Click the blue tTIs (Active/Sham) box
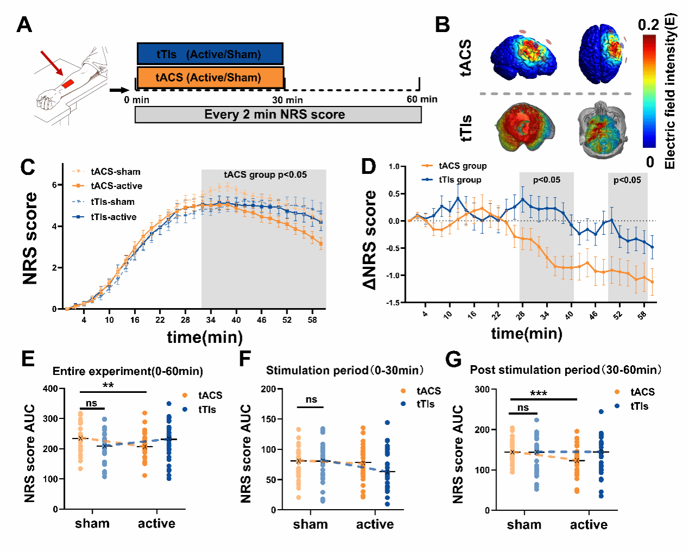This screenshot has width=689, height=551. [210, 54]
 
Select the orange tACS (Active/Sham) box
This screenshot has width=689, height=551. [210, 78]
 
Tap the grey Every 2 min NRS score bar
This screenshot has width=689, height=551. [278, 115]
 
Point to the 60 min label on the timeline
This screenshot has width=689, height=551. [422, 99]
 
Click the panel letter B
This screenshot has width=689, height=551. [443, 24]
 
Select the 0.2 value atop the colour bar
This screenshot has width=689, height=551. [648, 25]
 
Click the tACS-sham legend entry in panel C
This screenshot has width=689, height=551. [115, 172]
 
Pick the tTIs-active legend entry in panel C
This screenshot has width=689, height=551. [114, 217]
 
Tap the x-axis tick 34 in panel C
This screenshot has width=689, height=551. [211, 320]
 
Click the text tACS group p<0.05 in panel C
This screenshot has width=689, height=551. [265, 175]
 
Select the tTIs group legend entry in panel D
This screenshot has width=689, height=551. [460, 180]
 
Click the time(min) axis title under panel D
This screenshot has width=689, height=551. [527, 333]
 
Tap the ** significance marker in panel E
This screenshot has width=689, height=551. [108, 386]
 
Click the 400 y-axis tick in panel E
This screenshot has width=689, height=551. [51, 389]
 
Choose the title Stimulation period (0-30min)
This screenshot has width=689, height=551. [344, 371]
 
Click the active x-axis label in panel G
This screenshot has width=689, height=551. [588, 525]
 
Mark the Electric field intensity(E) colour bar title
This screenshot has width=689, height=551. [669, 91]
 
